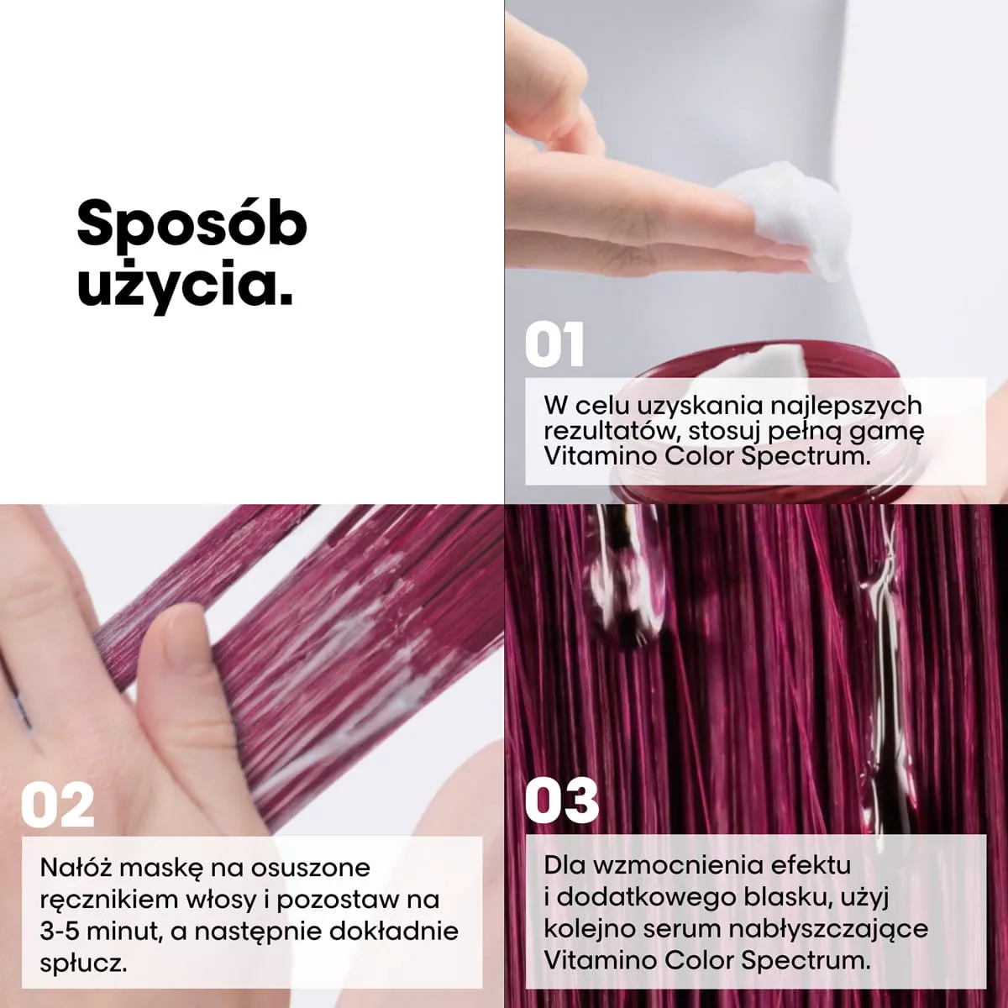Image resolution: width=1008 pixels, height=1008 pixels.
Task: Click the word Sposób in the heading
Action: (x=192, y=224)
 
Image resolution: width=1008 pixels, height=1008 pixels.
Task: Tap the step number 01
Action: (x=554, y=344)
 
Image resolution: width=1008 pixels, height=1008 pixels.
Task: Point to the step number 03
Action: (x=562, y=801)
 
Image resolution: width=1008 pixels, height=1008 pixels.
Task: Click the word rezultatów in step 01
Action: (x=611, y=432)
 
